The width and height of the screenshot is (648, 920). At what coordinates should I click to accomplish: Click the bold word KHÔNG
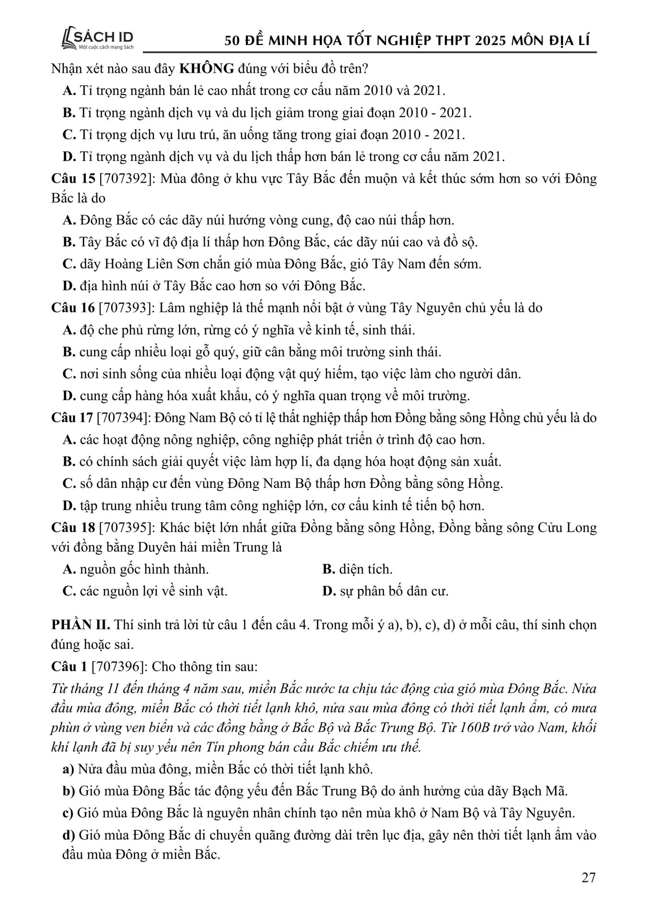(x=206, y=69)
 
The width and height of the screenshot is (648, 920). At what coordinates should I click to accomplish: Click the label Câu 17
(x=72, y=418)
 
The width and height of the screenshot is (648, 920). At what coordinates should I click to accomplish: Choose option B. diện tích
(x=357, y=569)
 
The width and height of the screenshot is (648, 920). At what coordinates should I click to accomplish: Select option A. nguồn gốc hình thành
(x=136, y=569)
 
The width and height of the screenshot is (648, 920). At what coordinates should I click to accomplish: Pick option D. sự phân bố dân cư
(x=385, y=591)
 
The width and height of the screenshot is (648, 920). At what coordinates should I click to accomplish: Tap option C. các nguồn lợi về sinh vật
(x=145, y=591)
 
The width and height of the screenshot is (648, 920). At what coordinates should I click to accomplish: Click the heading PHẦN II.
(x=81, y=625)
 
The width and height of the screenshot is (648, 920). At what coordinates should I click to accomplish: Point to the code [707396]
(x=118, y=667)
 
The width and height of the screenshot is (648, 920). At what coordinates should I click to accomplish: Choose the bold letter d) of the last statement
(x=69, y=835)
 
